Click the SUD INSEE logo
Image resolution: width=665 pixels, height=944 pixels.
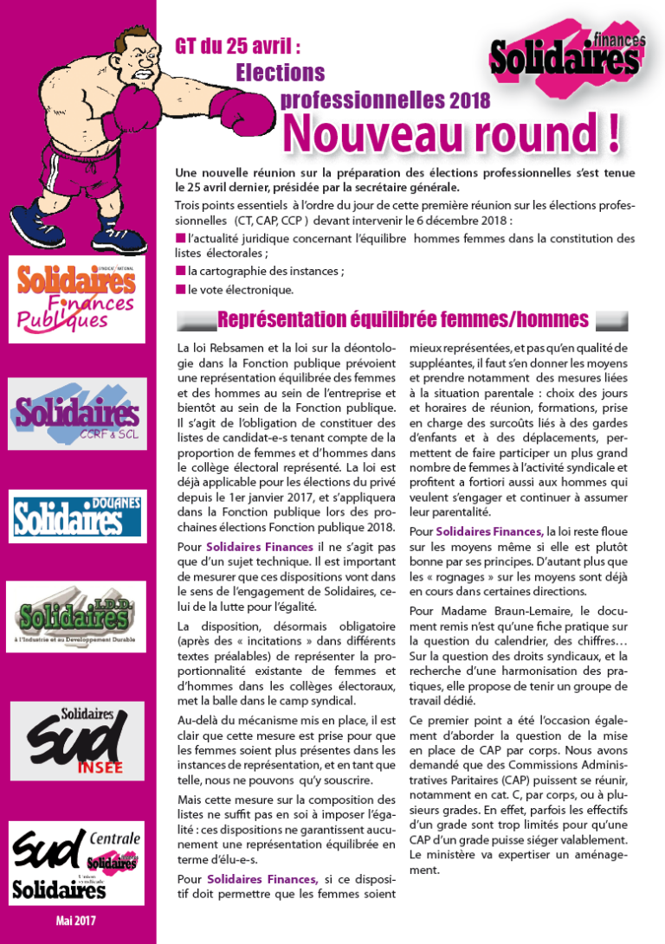click(78, 740)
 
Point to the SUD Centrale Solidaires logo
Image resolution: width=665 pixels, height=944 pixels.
click(77, 861)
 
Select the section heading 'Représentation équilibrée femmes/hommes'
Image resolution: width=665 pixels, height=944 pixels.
click(403, 320)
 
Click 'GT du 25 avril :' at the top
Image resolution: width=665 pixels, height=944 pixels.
click(238, 45)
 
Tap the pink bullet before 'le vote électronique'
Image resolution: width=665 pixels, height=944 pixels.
click(180, 290)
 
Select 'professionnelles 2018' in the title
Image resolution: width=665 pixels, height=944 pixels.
click(385, 100)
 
